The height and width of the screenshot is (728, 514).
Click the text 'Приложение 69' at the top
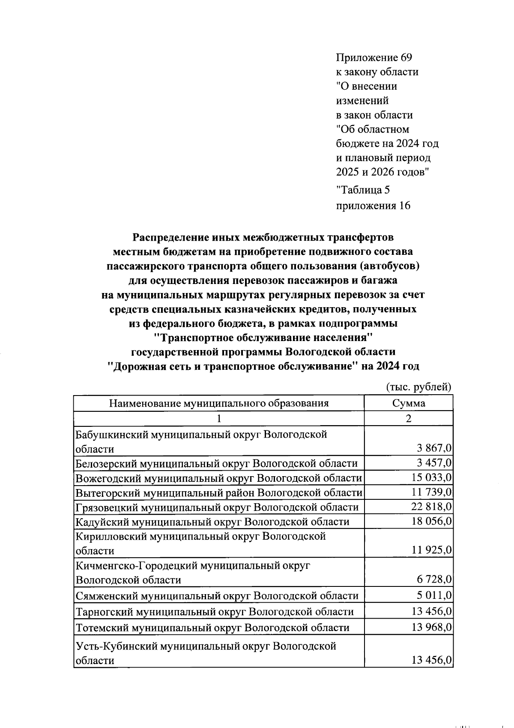click(x=374, y=57)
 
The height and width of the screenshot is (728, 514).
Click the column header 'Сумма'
click(x=408, y=403)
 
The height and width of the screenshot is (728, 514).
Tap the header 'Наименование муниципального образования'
click(x=219, y=403)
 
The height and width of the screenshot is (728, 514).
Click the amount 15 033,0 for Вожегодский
click(x=431, y=477)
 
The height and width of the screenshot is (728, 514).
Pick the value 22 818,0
click(x=431, y=507)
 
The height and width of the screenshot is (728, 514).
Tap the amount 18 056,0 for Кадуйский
click(x=431, y=521)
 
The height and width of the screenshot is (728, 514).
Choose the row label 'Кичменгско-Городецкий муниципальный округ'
click(x=193, y=565)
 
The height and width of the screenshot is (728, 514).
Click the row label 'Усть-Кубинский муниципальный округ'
click(x=206, y=646)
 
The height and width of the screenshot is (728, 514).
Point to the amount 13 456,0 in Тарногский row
click(x=431, y=611)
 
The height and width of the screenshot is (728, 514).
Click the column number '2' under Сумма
click(x=408, y=419)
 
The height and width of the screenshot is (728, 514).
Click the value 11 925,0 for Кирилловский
click(x=431, y=550)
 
